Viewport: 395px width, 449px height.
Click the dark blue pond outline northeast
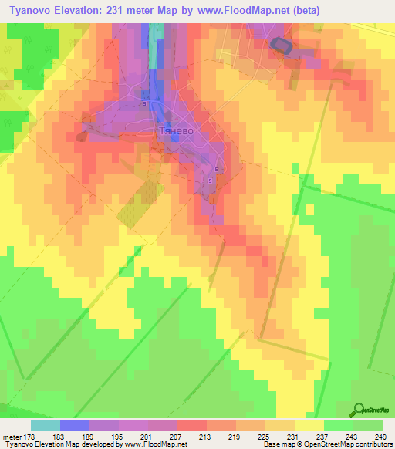[x=282, y=46]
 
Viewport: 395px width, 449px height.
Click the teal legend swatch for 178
[x=46, y=425]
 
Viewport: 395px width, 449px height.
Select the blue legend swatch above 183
[x=75, y=425]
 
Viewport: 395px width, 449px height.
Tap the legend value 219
[x=234, y=437]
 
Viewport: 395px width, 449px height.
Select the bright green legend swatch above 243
[x=339, y=425]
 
